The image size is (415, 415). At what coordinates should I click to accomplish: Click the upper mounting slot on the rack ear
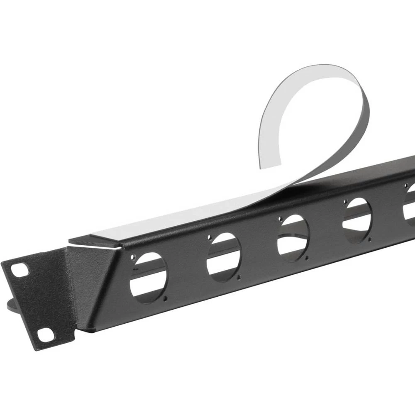(x=19, y=270)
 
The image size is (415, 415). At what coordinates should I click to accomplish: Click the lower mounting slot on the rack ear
(x=46, y=334)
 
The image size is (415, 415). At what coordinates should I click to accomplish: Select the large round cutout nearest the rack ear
(x=148, y=278)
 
